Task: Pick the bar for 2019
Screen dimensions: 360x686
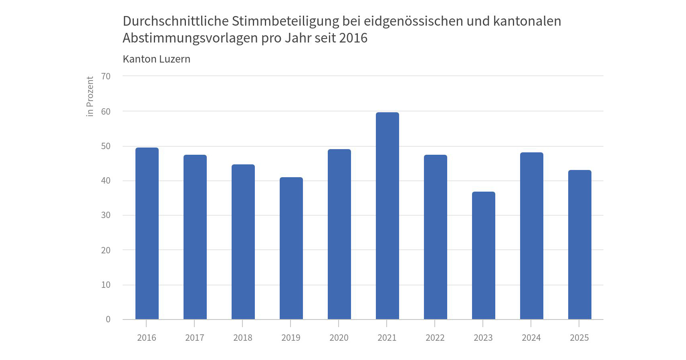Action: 291,248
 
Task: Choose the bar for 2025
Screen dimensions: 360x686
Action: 579,245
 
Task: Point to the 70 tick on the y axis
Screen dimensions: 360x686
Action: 106,76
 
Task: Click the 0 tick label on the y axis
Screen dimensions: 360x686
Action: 108,320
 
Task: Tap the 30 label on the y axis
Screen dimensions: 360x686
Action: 106,215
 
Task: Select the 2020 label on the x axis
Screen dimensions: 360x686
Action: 339,338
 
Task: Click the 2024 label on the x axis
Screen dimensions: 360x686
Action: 531,338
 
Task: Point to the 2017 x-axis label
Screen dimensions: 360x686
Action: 195,338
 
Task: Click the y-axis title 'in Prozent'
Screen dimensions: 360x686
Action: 90,97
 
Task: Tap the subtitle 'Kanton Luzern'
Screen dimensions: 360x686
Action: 156,59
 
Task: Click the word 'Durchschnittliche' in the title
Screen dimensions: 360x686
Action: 176,21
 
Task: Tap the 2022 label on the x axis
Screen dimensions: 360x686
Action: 435,338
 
